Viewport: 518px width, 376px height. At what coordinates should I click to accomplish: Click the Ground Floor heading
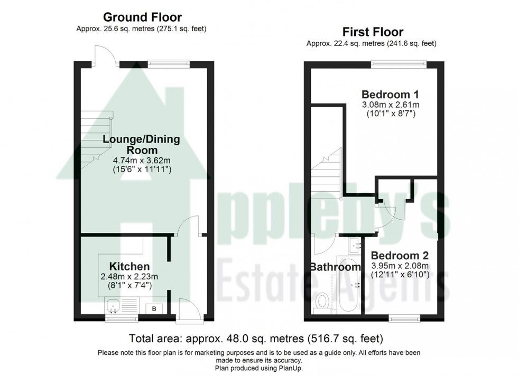click(x=142, y=17)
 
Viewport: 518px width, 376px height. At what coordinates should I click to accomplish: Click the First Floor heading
click(x=373, y=32)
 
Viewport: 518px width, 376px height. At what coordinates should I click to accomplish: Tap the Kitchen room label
click(x=129, y=266)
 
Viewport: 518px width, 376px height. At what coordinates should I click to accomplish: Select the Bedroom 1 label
click(x=390, y=95)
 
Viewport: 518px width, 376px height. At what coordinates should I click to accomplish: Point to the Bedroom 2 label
click(x=400, y=256)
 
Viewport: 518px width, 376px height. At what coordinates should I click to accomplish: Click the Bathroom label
click(x=335, y=267)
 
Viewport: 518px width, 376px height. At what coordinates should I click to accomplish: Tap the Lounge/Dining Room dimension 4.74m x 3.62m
click(x=142, y=161)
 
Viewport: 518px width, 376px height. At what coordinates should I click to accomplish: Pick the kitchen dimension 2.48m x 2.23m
click(x=129, y=276)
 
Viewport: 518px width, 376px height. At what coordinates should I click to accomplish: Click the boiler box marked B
click(x=154, y=308)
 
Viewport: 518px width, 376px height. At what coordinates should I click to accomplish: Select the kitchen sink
click(x=114, y=305)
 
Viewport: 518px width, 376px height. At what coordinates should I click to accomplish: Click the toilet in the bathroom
click(x=320, y=304)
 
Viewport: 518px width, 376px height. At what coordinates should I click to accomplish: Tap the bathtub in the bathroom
click(x=346, y=284)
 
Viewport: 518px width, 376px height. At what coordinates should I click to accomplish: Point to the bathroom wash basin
click(x=355, y=245)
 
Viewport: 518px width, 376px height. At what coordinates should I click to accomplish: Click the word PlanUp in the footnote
click(x=291, y=368)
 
